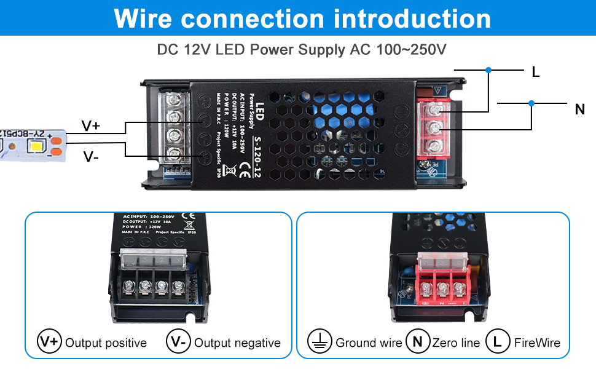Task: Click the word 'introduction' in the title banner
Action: click(x=412, y=18)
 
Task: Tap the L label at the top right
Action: click(x=536, y=73)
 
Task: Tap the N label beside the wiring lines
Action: click(x=579, y=110)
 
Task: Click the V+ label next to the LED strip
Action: click(x=91, y=126)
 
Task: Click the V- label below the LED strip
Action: click(x=91, y=157)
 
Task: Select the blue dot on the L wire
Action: click(x=488, y=71)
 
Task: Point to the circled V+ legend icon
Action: click(x=49, y=342)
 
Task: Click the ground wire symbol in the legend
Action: click(x=319, y=342)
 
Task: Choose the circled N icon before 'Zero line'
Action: click(x=418, y=342)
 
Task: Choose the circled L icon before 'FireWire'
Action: click(x=497, y=342)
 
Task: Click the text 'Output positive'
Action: click(x=106, y=343)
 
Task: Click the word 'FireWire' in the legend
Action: click(x=538, y=343)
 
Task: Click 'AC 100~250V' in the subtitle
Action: click(x=398, y=50)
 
